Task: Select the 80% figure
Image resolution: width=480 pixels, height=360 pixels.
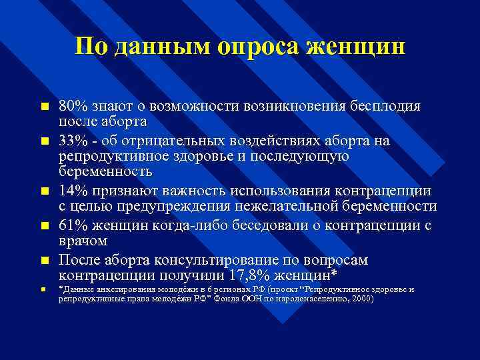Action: click(72, 107)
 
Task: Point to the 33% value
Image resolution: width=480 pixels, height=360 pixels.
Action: click(72, 141)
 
